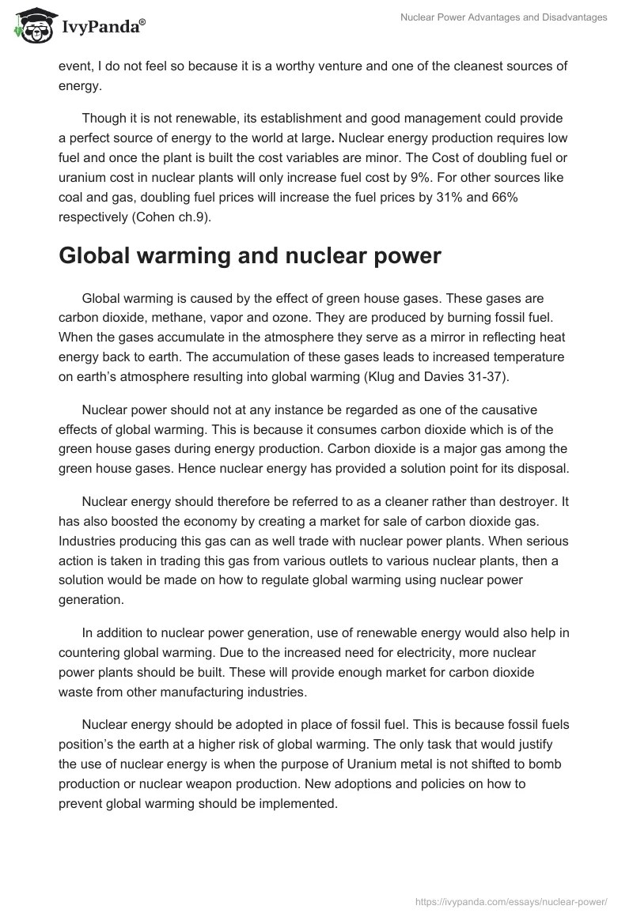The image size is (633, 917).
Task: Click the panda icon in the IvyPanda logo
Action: point(32,26)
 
